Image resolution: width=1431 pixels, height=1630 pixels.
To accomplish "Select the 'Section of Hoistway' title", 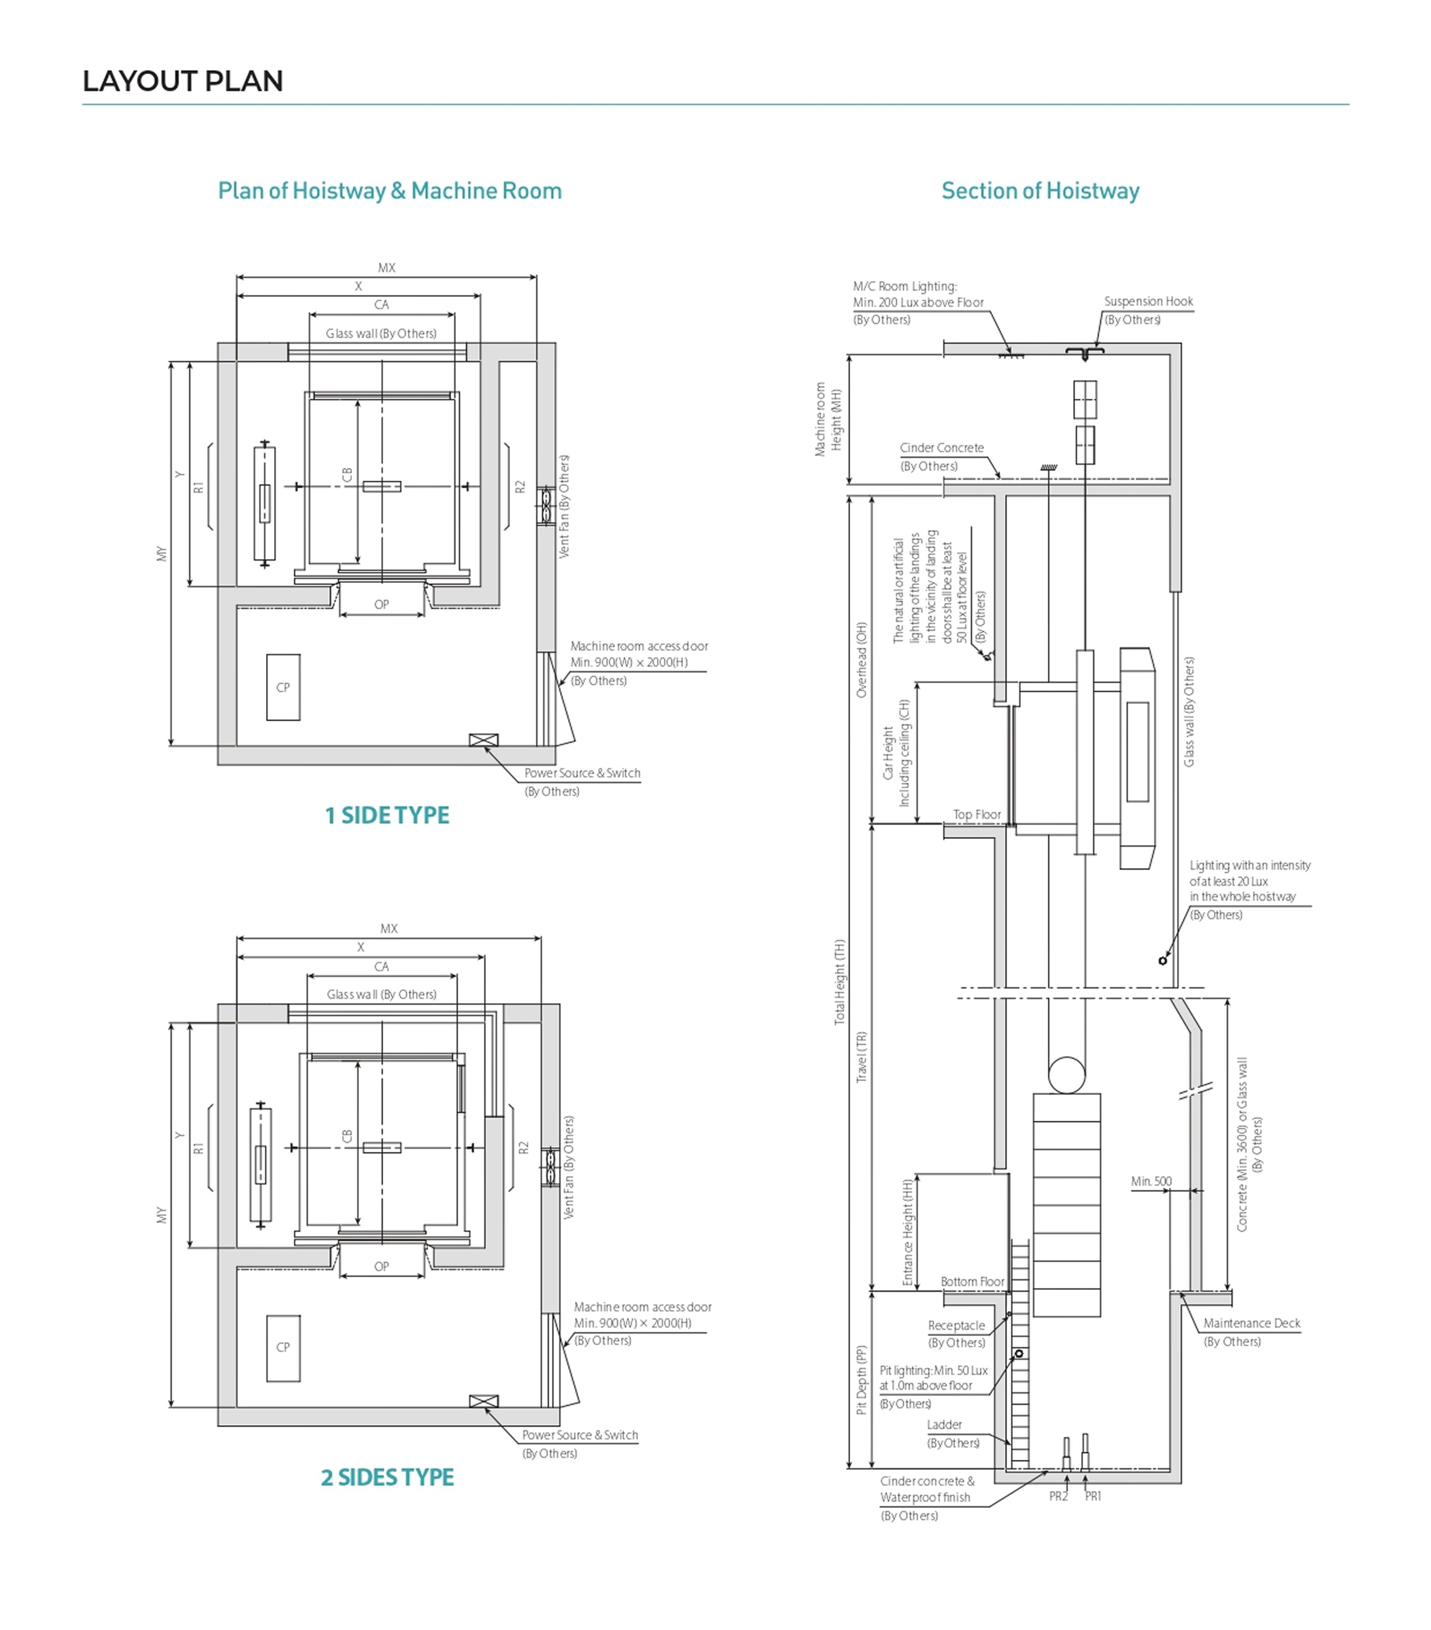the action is click(x=1040, y=191).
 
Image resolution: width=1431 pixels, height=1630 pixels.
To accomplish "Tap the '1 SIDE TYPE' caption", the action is click(x=387, y=815).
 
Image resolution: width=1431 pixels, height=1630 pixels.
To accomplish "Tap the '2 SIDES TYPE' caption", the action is click(x=387, y=1478).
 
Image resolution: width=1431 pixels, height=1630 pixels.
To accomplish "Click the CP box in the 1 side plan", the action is click(x=283, y=687).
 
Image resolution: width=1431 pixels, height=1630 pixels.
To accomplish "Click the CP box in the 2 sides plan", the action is click(x=283, y=1348).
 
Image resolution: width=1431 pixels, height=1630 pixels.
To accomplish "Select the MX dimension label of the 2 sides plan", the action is click(x=389, y=928).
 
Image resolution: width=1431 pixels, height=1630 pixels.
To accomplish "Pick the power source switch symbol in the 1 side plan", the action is click(x=483, y=740).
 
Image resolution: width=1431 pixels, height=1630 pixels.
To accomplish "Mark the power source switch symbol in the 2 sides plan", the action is click(x=483, y=1401).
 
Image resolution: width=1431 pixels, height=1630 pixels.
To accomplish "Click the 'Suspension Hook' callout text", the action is click(x=1148, y=301).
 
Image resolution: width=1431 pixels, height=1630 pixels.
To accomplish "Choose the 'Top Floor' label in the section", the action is click(x=977, y=814).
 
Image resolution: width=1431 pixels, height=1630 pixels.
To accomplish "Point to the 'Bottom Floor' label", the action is click(x=972, y=1281).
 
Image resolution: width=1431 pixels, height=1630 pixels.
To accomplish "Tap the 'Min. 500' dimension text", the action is click(x=1151, y=1181).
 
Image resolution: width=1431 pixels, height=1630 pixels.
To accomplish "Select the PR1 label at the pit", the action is click(x=1093, y=1496).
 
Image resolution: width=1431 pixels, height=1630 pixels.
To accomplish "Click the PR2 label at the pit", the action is click(x=1058, y=1496).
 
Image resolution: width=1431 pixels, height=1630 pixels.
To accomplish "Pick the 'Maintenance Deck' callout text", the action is click(x=1252, y=1323).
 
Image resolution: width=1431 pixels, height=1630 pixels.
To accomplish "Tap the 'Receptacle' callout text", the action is click(x=956, y=1326).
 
